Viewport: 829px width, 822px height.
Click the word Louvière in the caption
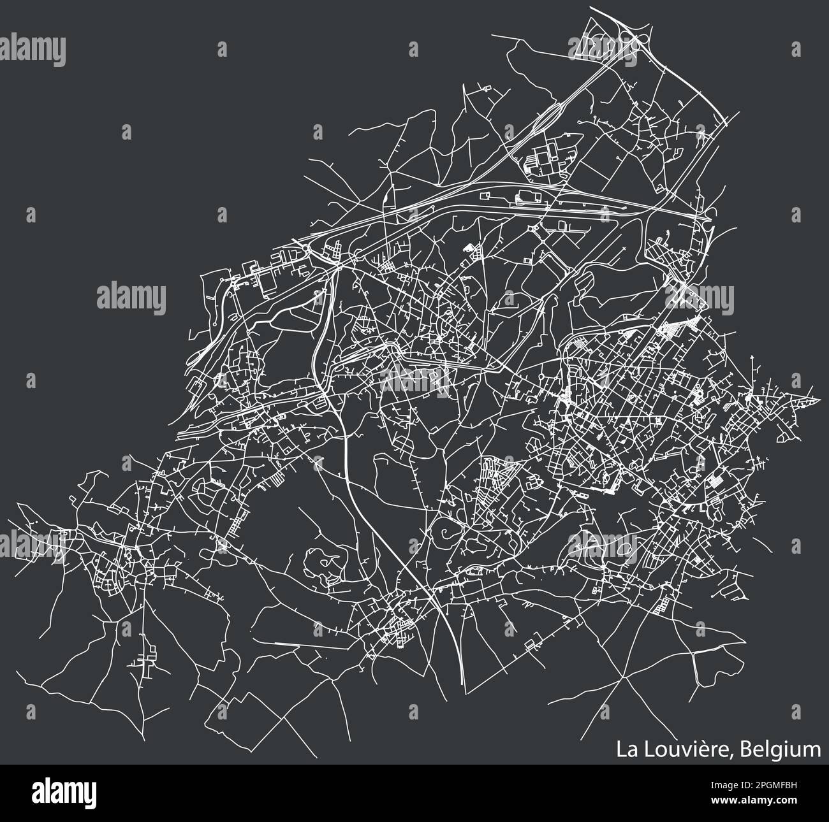(x=687, y=749)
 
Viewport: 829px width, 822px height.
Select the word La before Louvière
(x=626, y=749)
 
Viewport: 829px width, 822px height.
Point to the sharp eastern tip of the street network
(x=819, y=401)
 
